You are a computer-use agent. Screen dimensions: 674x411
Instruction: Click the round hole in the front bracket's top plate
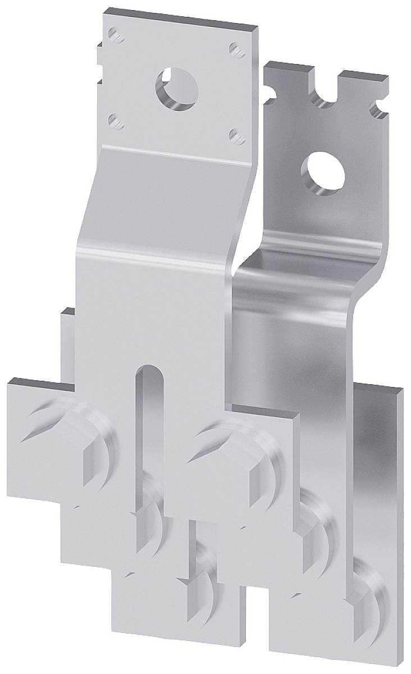click(x=174, y=84)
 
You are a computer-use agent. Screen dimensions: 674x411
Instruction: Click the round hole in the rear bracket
click(x=320, y=169)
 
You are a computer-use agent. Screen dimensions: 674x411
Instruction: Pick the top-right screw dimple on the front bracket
click(x=235, y=48)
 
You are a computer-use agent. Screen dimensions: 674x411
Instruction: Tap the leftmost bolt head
click(x=101, y=444)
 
